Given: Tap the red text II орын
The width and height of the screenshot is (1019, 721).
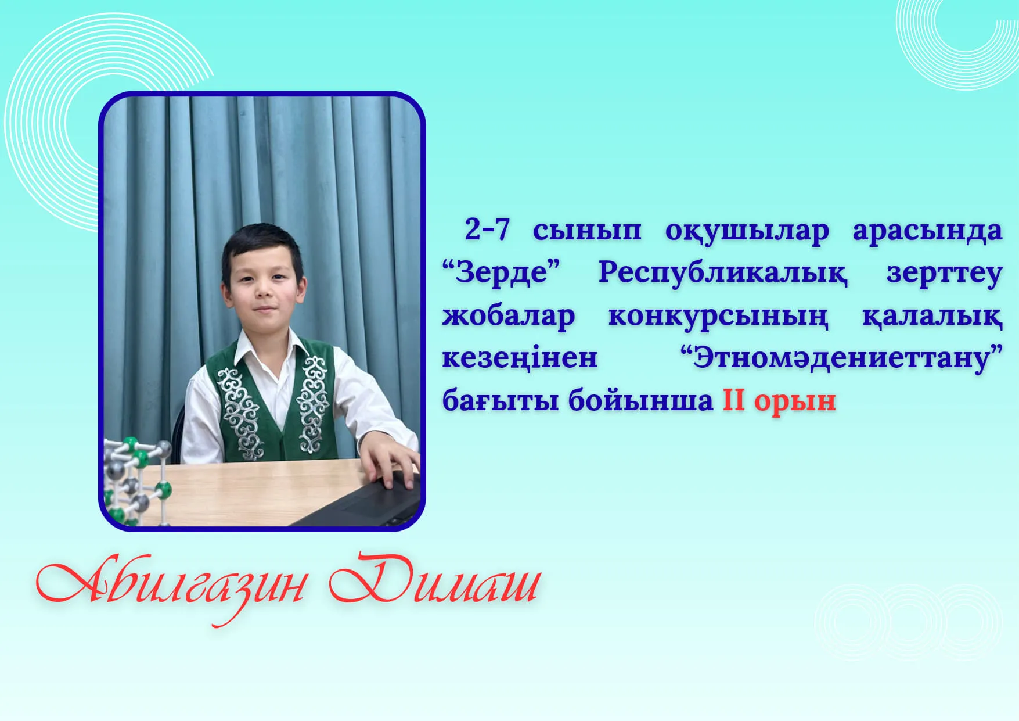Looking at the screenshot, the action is (x=779, y=400).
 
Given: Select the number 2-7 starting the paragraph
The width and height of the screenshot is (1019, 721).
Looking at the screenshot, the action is (x=487, y=229).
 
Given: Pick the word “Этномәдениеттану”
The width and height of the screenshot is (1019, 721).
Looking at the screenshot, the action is (x=842, y=357).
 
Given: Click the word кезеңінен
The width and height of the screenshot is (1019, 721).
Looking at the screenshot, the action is (x=520, y=358).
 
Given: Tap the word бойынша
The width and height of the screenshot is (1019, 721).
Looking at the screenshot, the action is (x=640, y=400).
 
